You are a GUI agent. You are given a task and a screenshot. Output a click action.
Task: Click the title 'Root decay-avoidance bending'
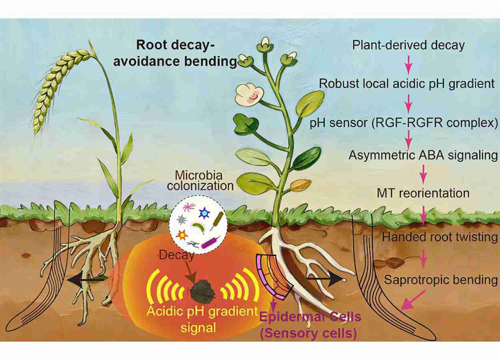pyautogui.click(x=175, y=53)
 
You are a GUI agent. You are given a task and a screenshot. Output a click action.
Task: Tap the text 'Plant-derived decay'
pyautogui.click(x=408, y=46)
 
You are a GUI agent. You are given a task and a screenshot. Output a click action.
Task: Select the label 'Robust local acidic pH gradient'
pyautogui.click(x=407, y=84)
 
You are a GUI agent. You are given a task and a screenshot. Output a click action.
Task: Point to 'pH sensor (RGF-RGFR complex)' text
pyautogui.click(x=404, y=123)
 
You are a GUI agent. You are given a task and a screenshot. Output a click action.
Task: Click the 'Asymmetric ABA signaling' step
pyautogui.click(x=423, y=155)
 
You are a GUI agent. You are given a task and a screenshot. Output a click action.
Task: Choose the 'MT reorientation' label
pyautogui.click(x=423, y=193)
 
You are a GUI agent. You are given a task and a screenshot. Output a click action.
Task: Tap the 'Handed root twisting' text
pyautogui.click(x=440, y=237)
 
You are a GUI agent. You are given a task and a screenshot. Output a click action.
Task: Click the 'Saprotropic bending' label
pyautogui.click(x=441, y=280)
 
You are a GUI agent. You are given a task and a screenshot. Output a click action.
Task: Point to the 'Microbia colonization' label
pyautogui.click(x=200, y=180)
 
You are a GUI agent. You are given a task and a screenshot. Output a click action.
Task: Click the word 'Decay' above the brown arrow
pyautogui.click(x=176, y=255)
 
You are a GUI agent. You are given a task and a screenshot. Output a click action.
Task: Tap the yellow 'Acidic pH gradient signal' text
pyautogui.click(x=202, y=320)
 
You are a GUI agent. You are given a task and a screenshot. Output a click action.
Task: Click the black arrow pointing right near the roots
pyautogui.click(x=326, y=279)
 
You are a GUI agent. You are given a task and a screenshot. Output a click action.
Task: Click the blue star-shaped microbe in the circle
pyautogui.click(x=204, y=213)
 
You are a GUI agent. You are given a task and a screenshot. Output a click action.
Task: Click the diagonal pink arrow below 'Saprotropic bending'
pyautogui.click(x=413, y=300)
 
